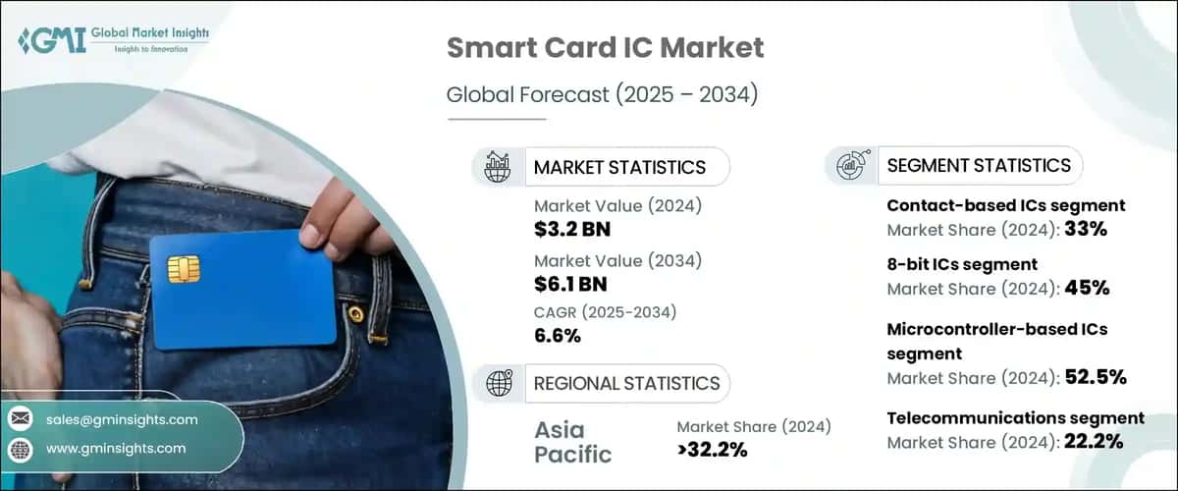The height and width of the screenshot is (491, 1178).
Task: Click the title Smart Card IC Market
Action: pyautogui.click(x=605, y=48)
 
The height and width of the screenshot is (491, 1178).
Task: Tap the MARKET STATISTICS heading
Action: pyautogui.click(x=619, y=167)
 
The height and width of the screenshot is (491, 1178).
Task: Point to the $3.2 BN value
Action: pyautogui.click(x=570, y=229)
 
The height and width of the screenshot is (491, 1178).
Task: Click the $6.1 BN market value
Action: pyautogui.click(x=570, y=284)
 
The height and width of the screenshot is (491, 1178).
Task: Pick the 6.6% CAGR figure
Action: pyautogui.click(x=558, y=336)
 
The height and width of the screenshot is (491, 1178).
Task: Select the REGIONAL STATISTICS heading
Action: pyautogui.click(x=626, y=383)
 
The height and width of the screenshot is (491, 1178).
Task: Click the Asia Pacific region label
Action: pyautogui.click(x=573, y=441)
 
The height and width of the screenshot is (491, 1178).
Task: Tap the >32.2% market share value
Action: pyautogui.click(x=712, y=450)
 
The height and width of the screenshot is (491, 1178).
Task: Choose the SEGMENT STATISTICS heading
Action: pyautogui.click(x=979, y=165)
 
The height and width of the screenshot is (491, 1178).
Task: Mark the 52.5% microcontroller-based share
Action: pyautogui.click(x=1095, y=377)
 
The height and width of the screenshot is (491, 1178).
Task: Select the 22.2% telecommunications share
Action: pyautogui.click(x=1094, y=442)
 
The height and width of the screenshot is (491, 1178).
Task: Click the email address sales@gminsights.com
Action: pyautogui.click(x=122, y=419)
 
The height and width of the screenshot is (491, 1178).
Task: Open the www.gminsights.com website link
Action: pyautogui.click(x=116, y=449)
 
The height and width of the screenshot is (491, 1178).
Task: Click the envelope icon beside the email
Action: pyautogui.click(x=20, y=419)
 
